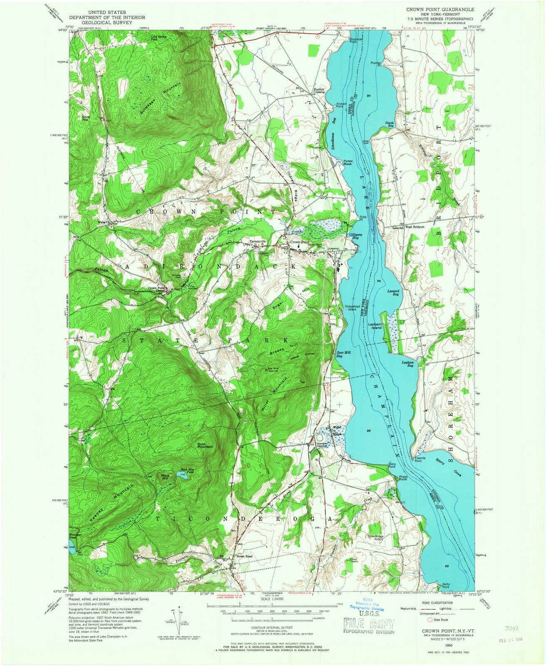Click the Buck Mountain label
click(x=205, y=445)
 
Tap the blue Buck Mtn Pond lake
click(x=182, y=474)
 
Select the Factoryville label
click(x=258, y=242)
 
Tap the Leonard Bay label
click(x=393, y=292)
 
